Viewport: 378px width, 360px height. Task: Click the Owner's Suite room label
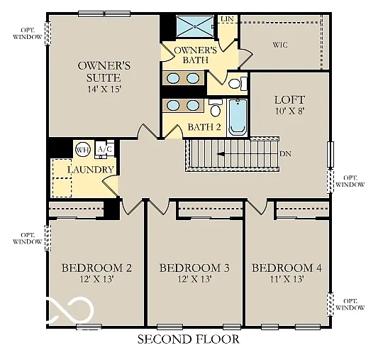99,72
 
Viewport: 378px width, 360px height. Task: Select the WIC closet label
281,45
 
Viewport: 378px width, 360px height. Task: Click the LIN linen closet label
227,19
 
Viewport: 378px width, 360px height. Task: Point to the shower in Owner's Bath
194,27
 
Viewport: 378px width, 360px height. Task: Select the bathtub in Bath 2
238,117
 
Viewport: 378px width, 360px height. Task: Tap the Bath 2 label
204,128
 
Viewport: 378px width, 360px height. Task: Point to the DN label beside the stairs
286,153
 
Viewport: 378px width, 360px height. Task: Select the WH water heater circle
83,149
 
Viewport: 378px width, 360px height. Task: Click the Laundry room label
90,170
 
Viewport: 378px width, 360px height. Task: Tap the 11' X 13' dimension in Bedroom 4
287,280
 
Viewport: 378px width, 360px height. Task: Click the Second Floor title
188,339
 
